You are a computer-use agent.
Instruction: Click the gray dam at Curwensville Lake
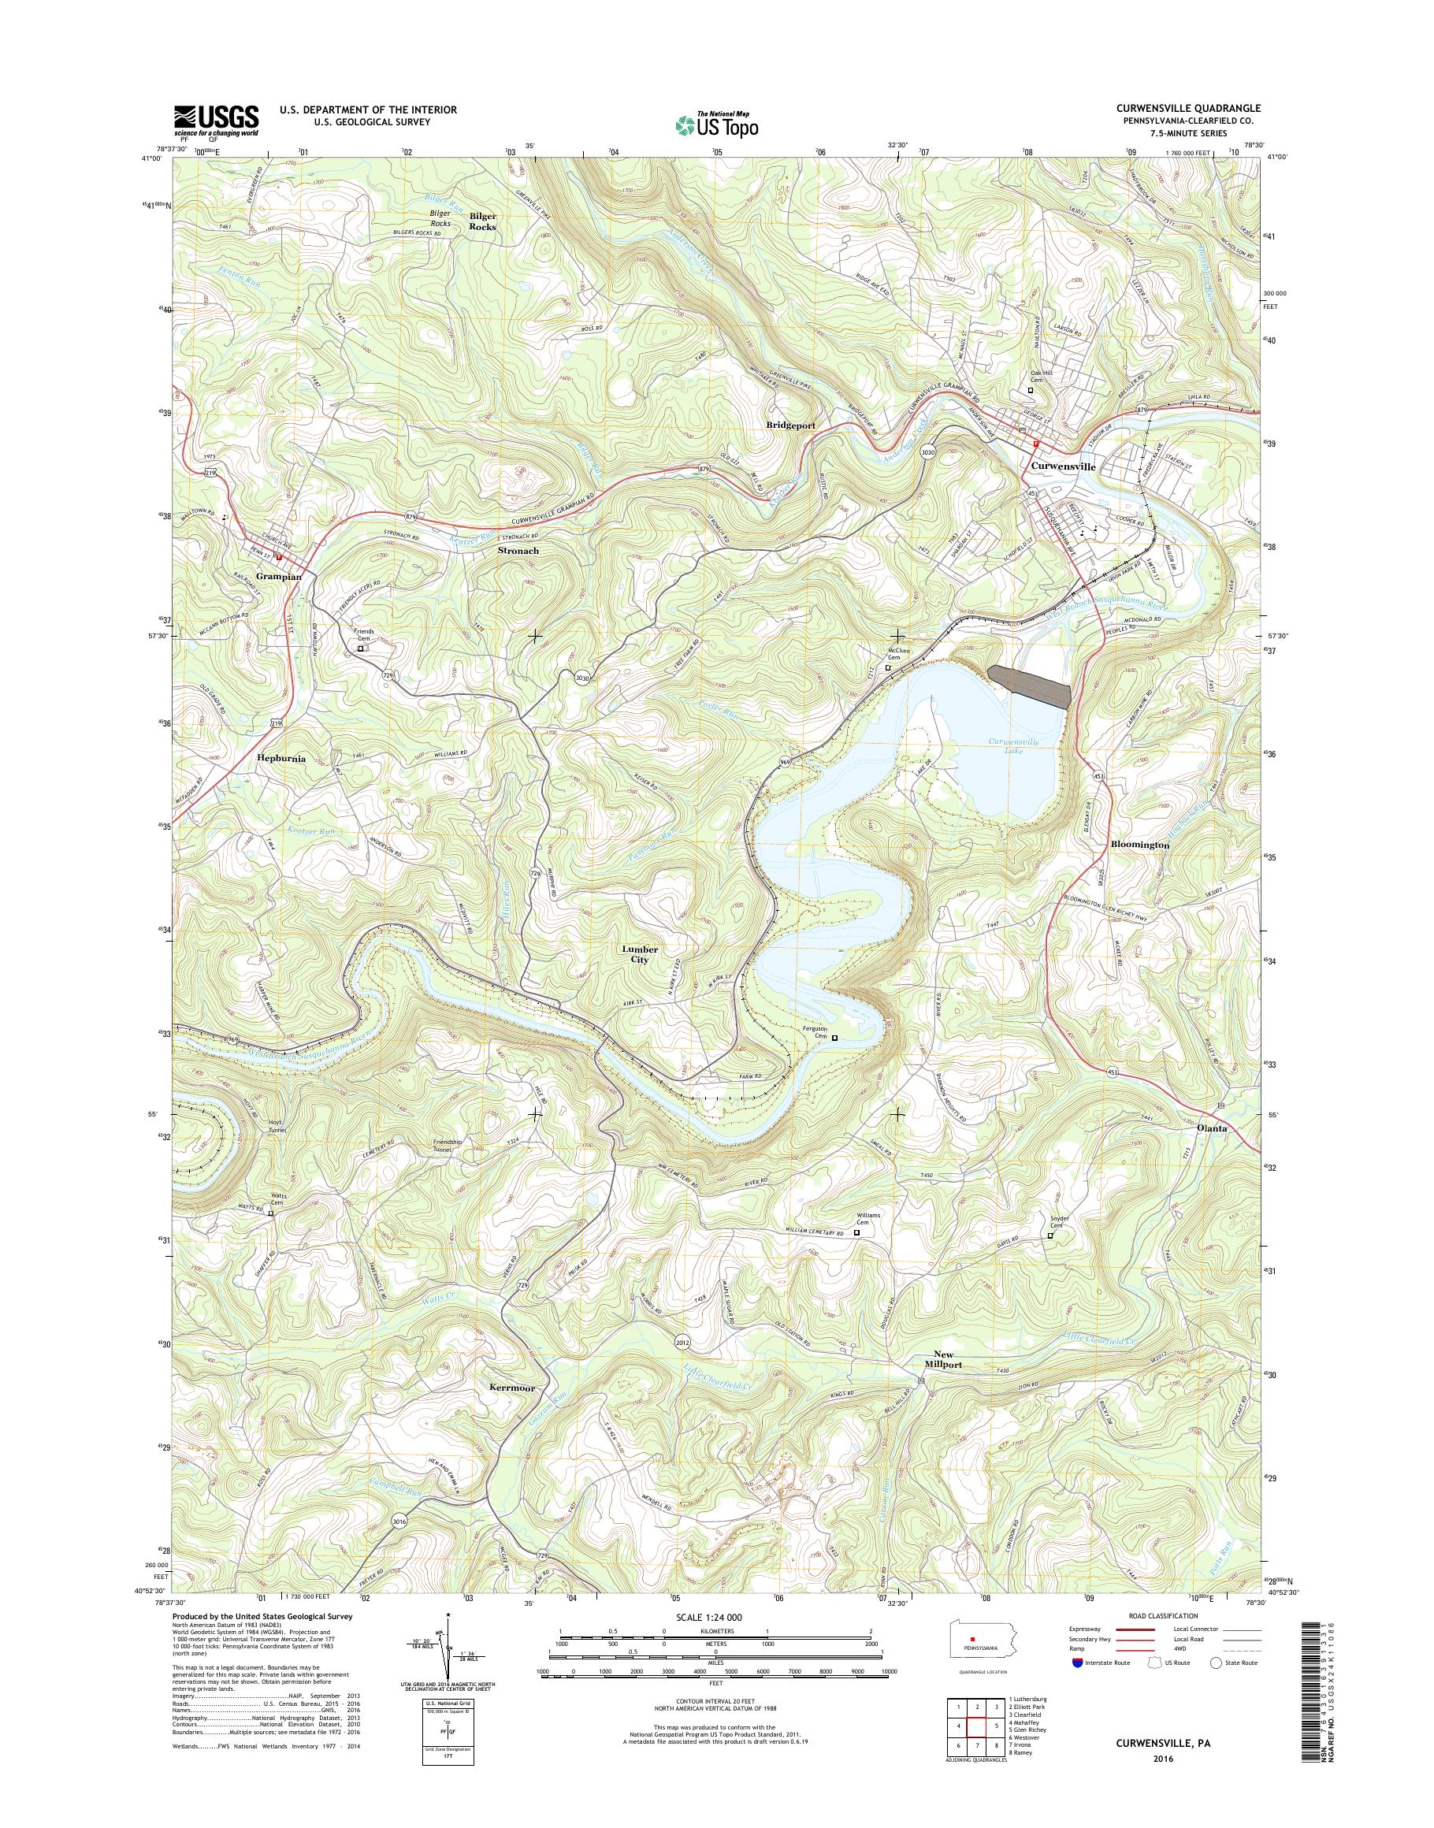pyautogui.click(x=1030, y=686)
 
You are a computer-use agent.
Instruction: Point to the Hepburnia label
pyautogui.click(x=280, y=757)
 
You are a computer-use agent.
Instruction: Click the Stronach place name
pyautogui.click(x=518, y=551)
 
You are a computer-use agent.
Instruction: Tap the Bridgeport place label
pyautogui.click(x=791, y=425)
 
